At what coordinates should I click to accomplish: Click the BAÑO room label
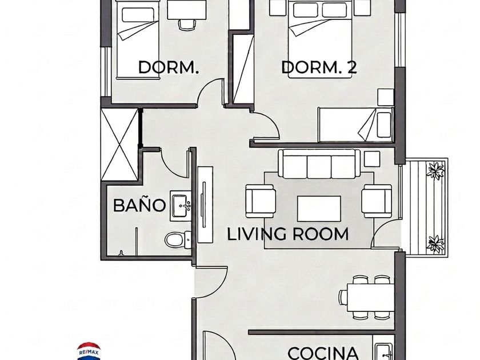(139, 205)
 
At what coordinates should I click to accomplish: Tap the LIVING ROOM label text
(288, 234)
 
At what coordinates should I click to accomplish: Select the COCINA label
(323, 353)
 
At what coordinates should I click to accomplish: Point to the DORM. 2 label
(319, 67)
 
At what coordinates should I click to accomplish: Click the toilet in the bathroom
(178, 239)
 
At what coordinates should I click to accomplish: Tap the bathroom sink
(181, 206)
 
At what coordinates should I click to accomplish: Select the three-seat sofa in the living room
(319, 164)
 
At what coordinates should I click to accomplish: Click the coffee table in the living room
(319, 209)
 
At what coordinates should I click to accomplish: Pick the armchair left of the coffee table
(260, 201)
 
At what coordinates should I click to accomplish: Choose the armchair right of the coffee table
(377, 201)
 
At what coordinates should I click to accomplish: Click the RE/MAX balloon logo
(89, 351)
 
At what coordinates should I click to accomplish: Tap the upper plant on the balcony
(435, 170)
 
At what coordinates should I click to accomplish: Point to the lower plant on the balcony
(435, 243)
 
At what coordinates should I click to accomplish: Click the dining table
(370, 297)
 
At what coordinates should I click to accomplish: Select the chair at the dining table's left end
(343, 297)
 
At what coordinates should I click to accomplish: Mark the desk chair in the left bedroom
(187, 25)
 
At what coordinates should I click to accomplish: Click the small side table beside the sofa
(372, 159)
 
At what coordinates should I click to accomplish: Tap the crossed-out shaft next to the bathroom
(119, 145)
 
